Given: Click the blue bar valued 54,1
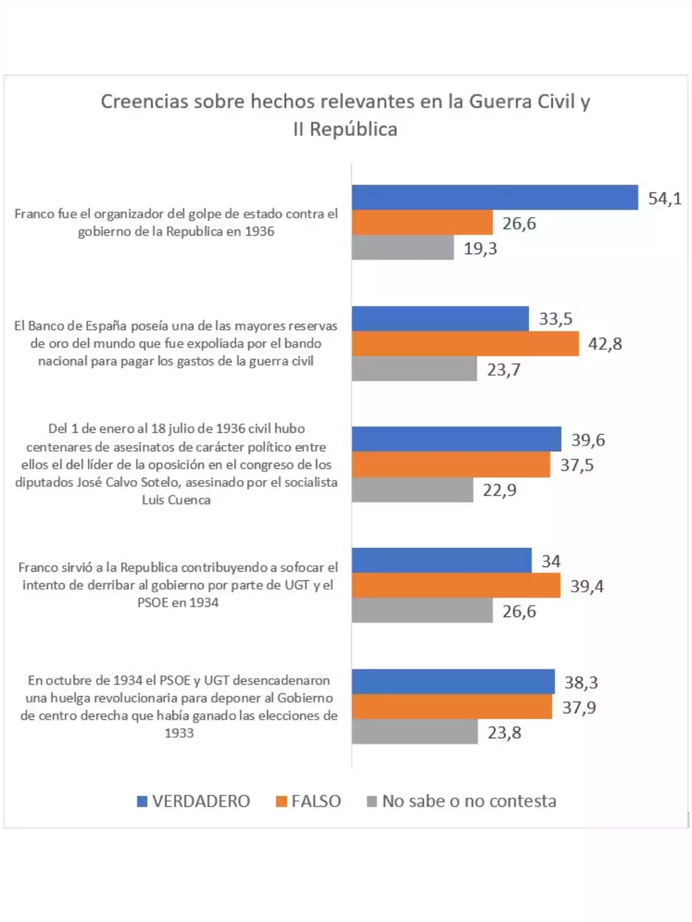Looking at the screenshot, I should click(x=495, y=197).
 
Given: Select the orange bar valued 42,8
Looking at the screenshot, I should click(x=465, y=343).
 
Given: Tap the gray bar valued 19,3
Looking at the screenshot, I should click(x=403, y=248).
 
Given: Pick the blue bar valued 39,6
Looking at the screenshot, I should click(x=456, y=439).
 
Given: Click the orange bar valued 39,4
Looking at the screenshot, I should click(x=456, y=585).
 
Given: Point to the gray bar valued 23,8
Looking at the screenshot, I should click(x=415, y=732).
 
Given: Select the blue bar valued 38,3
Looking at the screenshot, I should click(x=453, y=682).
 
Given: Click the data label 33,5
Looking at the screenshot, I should click(x=555, y=319).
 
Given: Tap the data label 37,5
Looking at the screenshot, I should click(x=577, y=465).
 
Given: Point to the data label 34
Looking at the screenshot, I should click(x=551, y=561).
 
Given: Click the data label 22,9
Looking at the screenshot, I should click(x=499, y=490).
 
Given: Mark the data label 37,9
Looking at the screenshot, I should click(x=579, y=707).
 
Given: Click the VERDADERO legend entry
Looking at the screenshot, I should click(x=194, y=801).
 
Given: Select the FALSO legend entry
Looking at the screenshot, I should click(x=309, y=801).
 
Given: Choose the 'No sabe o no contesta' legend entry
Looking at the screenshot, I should click(x=461, y=801).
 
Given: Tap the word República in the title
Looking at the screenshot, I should click(x=353, y=129).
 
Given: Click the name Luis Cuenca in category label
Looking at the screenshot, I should click(x=176, y=500).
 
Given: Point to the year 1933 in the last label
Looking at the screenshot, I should click(x=179, y=733).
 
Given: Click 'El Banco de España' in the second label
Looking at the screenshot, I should click(x=70, y=326).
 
